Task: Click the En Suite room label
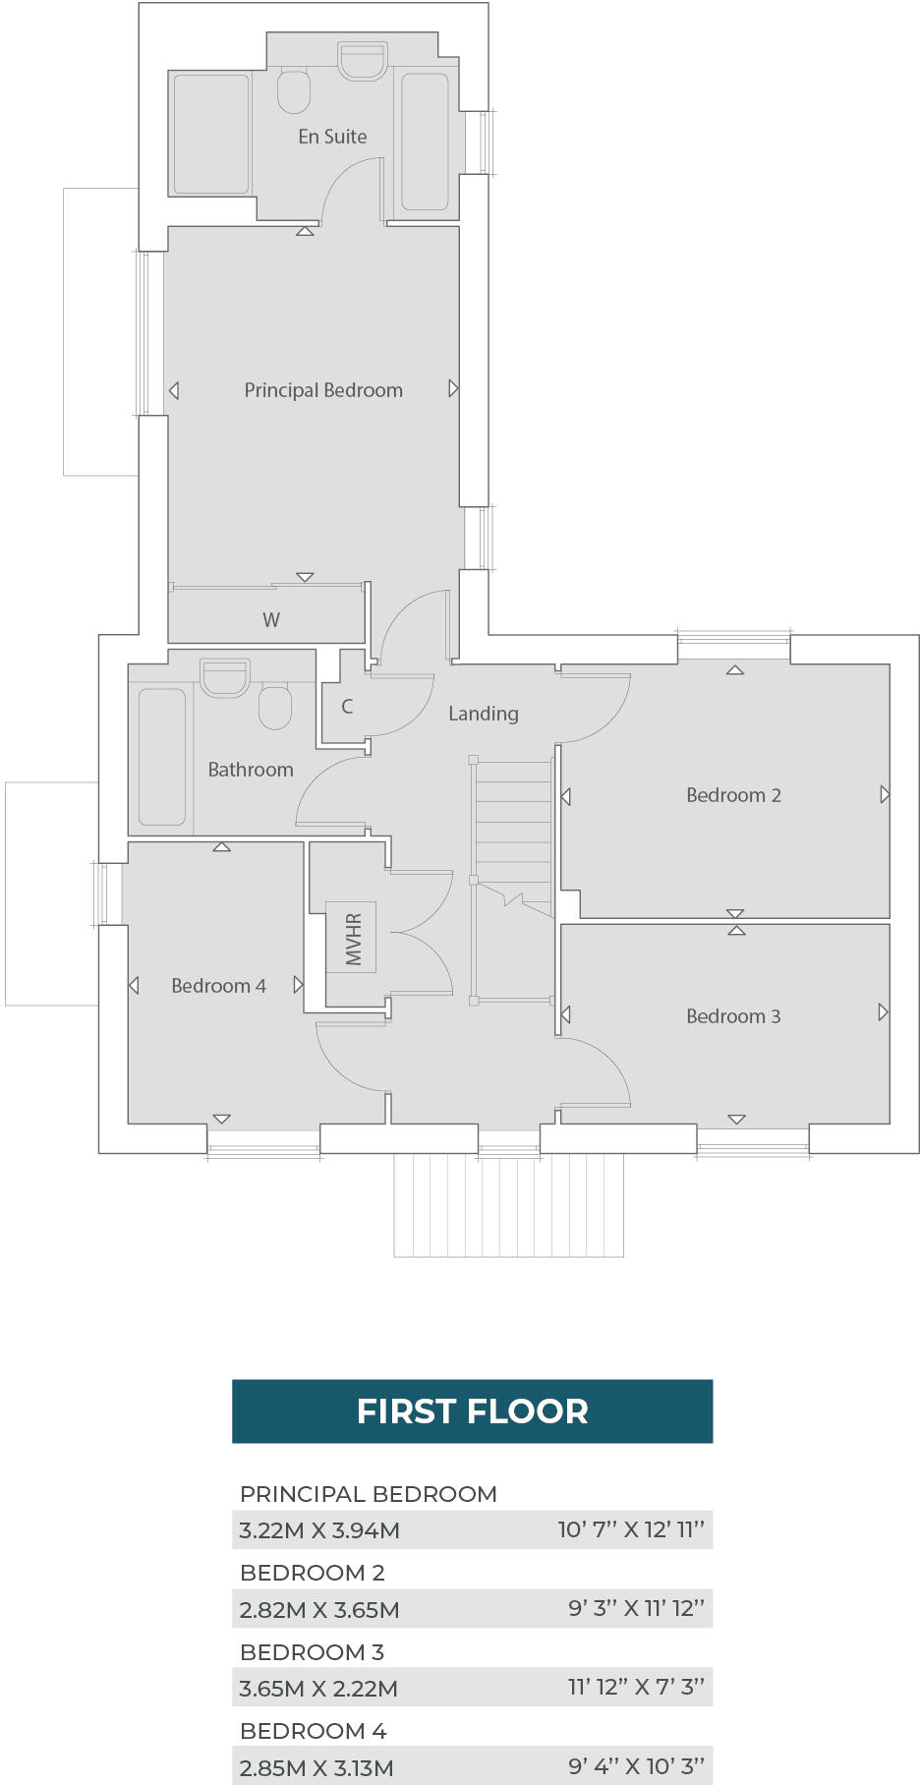click(332, 137)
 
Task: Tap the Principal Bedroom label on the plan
click(323, 390)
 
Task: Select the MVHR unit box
click(352, 939)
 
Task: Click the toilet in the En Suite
click(294, 90)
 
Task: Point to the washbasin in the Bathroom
click(224, 677)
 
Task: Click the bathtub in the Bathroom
click(162, 756)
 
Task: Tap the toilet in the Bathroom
click(275, 707)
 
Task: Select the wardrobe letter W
click(271, 620)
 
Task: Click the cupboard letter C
click(347, 707)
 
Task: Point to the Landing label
click(483, 714)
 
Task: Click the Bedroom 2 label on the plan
click(733, 795)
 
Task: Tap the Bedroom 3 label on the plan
click(733, 1016)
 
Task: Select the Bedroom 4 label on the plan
click(218, 986)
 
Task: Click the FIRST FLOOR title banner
click(472, 1411)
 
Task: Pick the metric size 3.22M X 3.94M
click(319, 1530)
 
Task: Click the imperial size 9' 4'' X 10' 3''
click(636, 1766)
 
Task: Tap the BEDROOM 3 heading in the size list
click(312, 1652)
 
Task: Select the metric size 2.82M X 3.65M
click(319, 1610)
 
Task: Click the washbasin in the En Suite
click(363, 61)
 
